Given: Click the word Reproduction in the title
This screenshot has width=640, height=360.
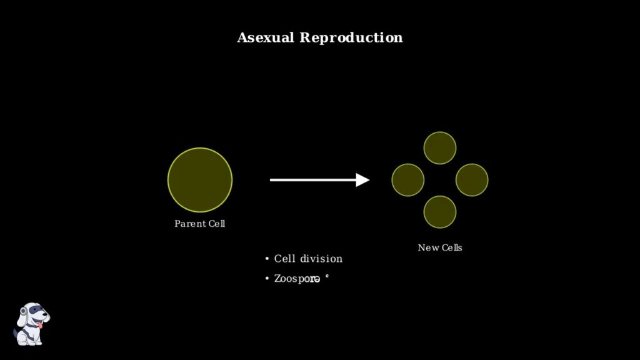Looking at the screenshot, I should point(351,37).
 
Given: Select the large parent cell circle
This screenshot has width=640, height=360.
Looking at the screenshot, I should point(200,180).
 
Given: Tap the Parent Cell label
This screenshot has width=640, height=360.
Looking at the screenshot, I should point(199,224).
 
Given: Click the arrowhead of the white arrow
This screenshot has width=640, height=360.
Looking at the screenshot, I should point(363,180).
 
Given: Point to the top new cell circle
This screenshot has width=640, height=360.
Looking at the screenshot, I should point(440,148).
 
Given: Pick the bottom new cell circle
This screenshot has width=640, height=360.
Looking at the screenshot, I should point(440,212).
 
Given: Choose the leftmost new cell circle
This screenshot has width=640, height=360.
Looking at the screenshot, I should point(408,180).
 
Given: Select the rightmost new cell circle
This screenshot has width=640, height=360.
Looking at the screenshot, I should point(472,180).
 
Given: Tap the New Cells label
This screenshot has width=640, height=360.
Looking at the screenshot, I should point(440,248).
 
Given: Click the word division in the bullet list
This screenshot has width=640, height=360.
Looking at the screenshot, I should point(321,259).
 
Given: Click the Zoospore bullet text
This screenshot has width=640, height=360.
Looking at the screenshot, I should point(297,279).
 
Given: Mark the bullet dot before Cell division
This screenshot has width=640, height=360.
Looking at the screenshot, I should point(267,259).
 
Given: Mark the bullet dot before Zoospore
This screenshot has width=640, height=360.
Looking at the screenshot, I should point(267,279).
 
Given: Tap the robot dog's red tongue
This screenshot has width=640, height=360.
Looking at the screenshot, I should point(41,325).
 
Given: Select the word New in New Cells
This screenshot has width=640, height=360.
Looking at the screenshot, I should point(429,248).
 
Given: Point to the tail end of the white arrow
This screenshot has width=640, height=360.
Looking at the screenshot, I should point(271,180).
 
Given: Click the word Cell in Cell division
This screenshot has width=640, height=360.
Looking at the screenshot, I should point(284,259).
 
